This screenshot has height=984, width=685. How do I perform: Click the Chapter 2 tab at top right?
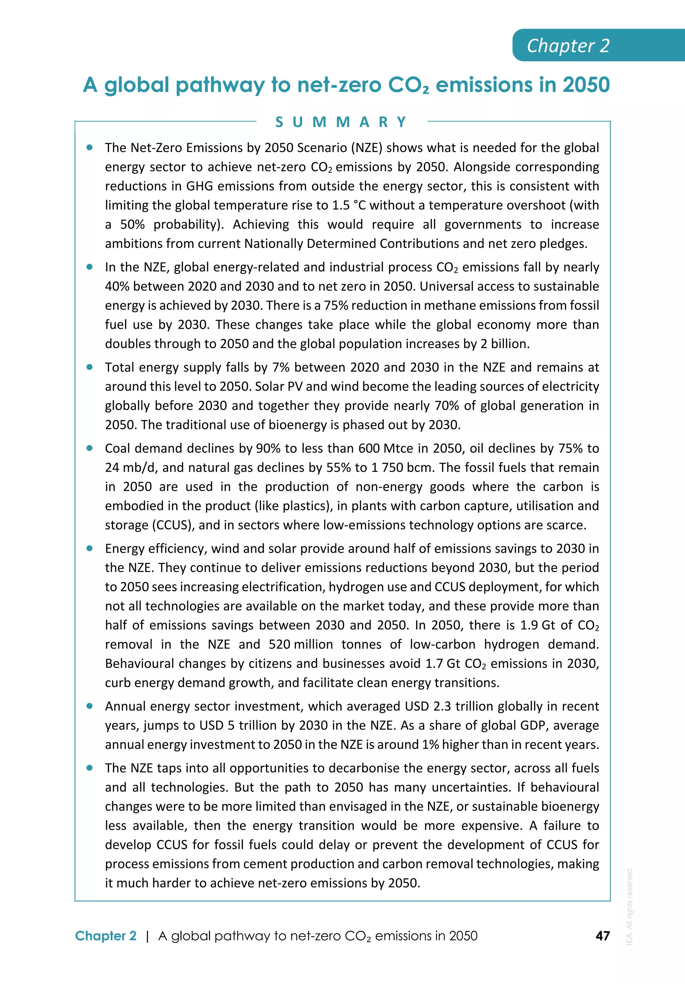pos(568,46)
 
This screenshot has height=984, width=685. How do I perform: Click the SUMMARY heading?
pos(341,122)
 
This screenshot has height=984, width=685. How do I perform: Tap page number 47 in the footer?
pos(603,936)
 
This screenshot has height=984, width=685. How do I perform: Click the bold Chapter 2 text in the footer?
pos(105,936)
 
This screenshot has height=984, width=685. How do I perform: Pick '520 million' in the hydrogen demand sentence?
pos(301,645)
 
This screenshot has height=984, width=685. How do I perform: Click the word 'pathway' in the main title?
pos(220,85)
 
